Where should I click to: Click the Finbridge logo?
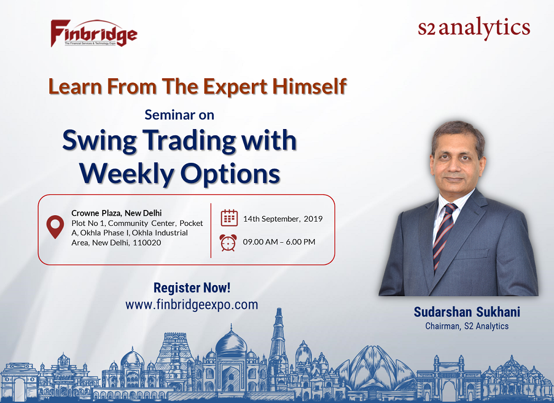[x=94, y=33]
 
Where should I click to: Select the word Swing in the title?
[x=99, y=141]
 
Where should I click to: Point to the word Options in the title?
[x=230, y=174]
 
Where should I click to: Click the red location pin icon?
[x=55, y=227]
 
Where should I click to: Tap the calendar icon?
[x=229, y=218]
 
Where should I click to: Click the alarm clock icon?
[x=228, y=242]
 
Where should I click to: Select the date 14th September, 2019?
[x=283, y=218]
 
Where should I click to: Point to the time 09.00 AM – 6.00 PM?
[x=279, y=242]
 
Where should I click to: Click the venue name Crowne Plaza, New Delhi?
[x=116, y=213]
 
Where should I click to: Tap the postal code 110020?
[x=147, y=243]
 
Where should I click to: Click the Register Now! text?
[x=192, y=288]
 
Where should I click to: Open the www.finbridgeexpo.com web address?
[x=192, y=305]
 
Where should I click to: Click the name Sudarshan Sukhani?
[x=467, y=312]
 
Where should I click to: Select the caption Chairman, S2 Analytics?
[x=467, y=326]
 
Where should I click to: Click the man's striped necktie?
[x=444, y=234]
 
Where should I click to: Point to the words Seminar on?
[x=179, y=115]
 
